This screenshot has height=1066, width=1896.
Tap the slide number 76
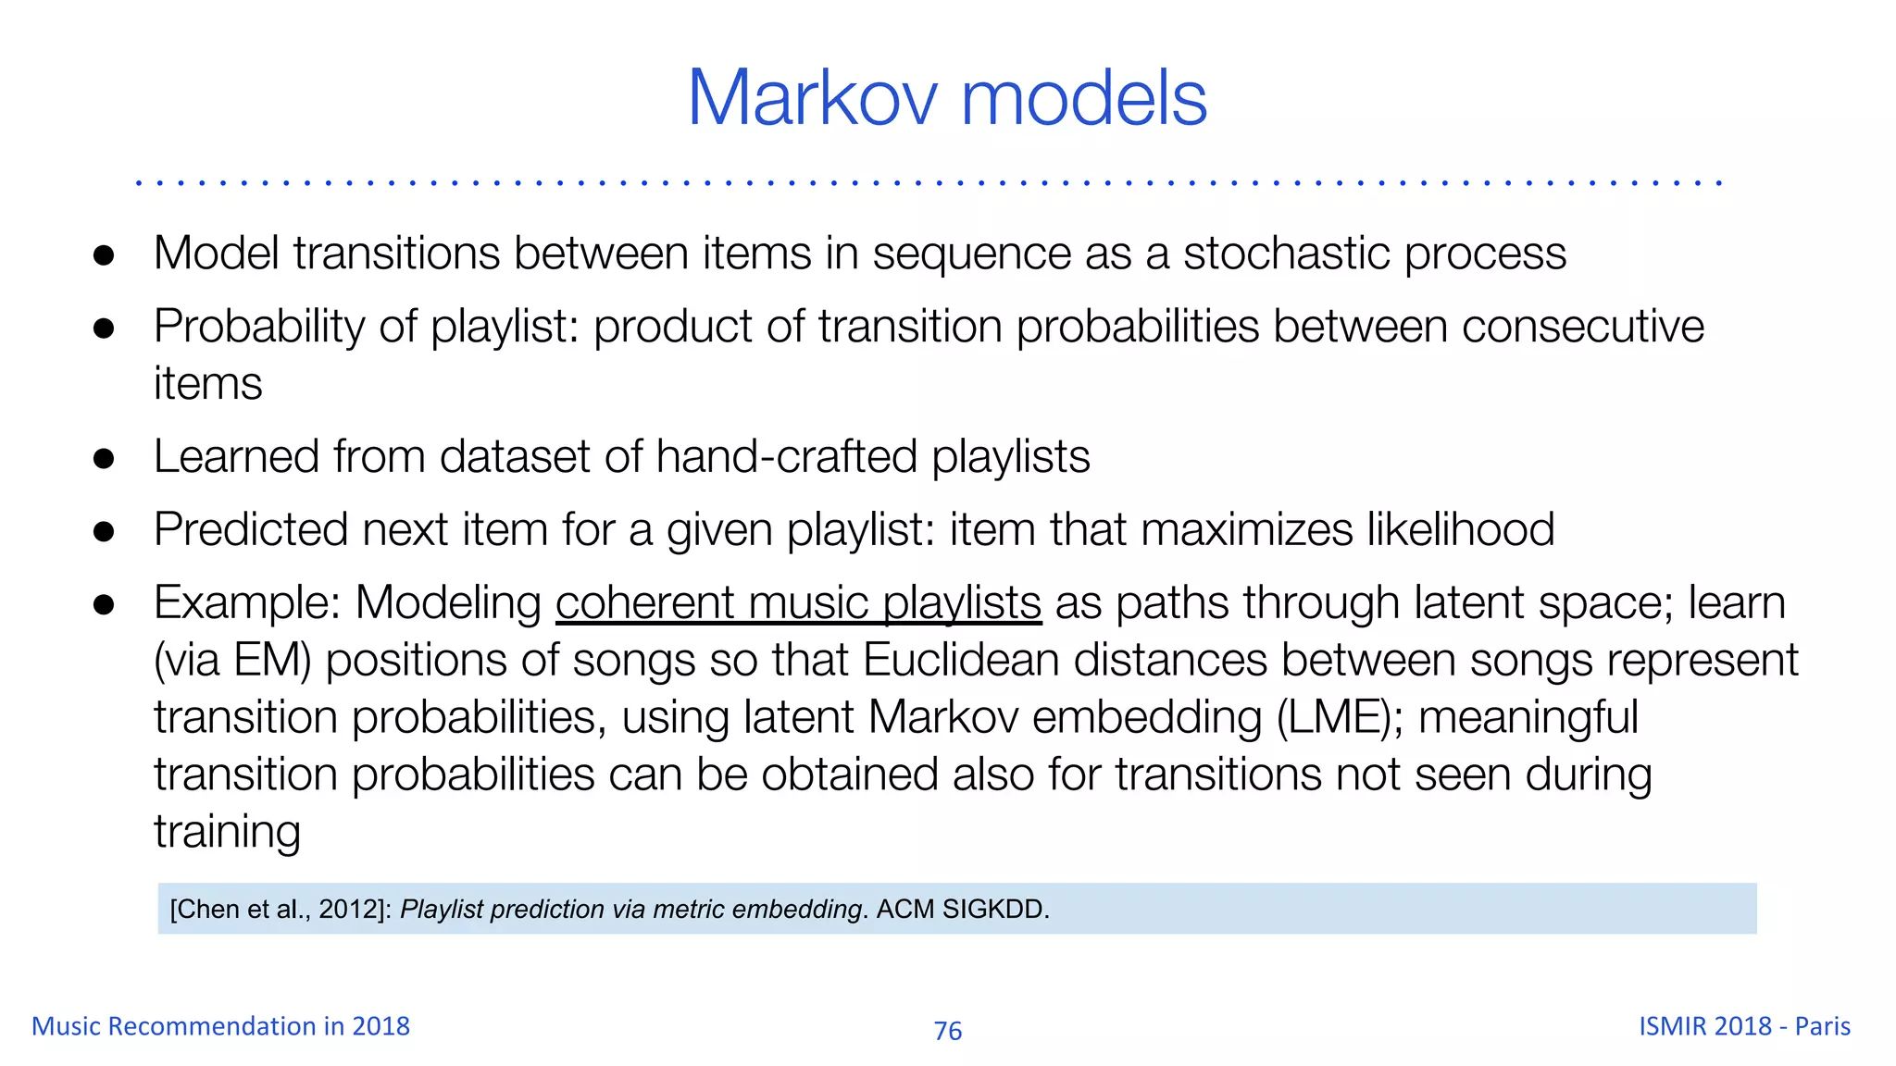tap(948, 1031)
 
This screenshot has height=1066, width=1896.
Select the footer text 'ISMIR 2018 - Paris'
tap(1744, 1026)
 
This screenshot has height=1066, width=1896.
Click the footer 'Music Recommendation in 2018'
tap(220, 1026)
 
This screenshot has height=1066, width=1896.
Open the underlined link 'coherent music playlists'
tap(798, 603)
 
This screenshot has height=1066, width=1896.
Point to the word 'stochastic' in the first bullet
tap(1286, 254)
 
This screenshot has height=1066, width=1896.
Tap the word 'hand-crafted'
tap(786, 457)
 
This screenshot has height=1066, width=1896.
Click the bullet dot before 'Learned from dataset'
tap(104, 459)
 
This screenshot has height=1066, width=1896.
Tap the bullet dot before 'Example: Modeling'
tap(104, 605)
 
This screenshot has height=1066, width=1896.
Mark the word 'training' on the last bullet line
tap(227, 832)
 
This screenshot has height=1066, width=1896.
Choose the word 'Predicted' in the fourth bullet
tap(250, 530)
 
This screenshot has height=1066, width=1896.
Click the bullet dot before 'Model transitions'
tap(104, 255)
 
